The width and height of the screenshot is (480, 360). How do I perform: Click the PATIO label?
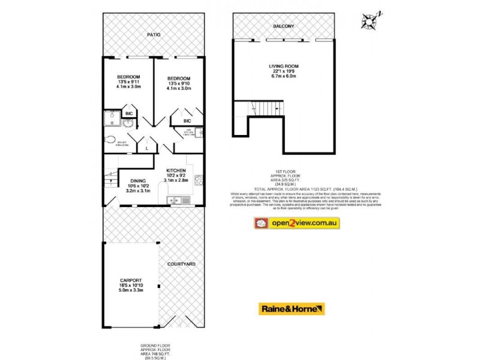click(153, 35)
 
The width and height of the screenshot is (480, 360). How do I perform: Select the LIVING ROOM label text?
click(283, 66)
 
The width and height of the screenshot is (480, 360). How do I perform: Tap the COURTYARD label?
click(181, 264)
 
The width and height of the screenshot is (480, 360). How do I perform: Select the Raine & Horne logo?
click(292, 309)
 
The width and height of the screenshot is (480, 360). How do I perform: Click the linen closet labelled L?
click(148, 146)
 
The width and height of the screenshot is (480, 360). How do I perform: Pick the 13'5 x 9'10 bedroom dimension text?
click(179, 84)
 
